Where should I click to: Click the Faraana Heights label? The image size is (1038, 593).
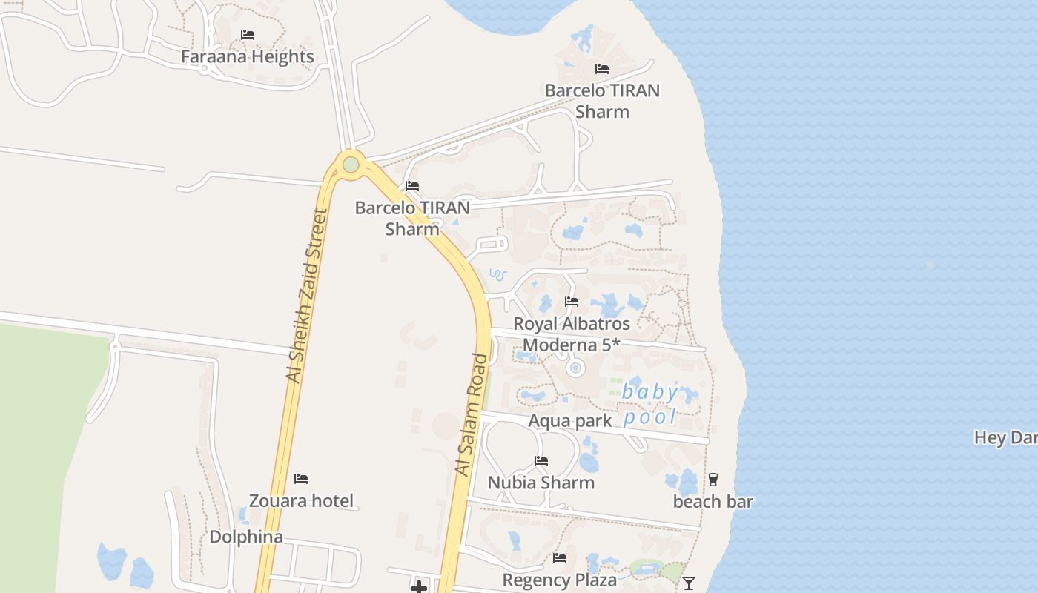pos(248,56)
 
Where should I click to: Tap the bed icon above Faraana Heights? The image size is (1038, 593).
pos(248,35)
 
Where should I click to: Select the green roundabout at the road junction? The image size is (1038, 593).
pos(351,165)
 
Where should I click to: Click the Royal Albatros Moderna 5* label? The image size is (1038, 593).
pos(572,334)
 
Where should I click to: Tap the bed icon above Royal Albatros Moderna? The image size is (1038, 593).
pos(572,302)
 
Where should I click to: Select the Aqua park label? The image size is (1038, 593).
pos(569,421)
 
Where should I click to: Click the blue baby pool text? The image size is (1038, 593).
pos(650,404)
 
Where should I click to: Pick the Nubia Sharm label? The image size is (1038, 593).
pos(541,483)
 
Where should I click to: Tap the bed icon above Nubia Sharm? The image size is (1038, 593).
pos(541,461)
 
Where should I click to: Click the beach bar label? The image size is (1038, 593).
pos(713,502)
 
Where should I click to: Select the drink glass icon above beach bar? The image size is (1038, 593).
pos(713,480)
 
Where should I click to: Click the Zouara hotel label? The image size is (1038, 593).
pos(301,500)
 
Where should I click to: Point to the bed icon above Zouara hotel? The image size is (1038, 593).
pos(301,479)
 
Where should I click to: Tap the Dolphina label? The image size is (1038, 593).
pos(246,537)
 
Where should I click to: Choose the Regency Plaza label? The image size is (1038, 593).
pos(560,580)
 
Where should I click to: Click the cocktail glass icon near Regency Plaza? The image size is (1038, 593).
pos(689,583)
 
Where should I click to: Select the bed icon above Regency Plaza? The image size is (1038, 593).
pos(560,558)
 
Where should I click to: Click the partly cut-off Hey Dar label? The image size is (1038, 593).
pos(1006,437)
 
